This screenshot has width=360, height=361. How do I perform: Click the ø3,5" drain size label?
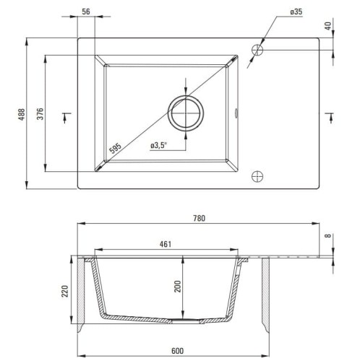click(160, 146)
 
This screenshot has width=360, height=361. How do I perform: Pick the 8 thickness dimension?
click(329, 236)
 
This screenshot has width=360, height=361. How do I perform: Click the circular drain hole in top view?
click(186, 113)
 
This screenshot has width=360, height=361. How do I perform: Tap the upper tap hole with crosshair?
click(257, 49)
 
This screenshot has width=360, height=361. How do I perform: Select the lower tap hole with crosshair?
click(257, 175)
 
